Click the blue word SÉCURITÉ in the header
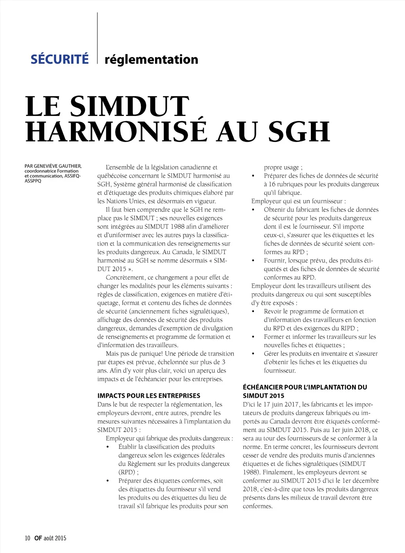point(60,59)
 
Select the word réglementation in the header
point(151,59)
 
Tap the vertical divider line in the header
point(97,38)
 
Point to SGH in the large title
point(299,132)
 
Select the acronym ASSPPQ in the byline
point(33,181)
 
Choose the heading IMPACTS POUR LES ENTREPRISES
point(149,395)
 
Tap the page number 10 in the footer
point(27,538)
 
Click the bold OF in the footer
point(38,538)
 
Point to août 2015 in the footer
point(55,538)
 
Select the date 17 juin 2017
point(280,404)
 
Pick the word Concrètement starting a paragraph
point(126,277)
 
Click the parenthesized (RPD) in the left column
point(127,472)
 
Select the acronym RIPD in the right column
point(348,328)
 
